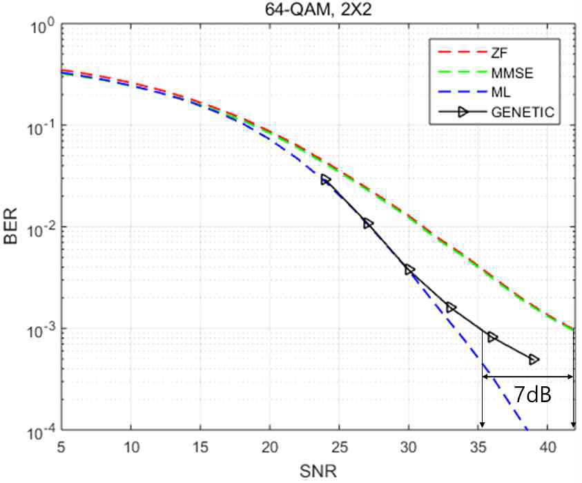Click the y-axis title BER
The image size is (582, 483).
pos(12,228)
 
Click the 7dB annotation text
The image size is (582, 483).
pos(530,396)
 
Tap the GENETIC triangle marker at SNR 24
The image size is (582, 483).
pos(326,180)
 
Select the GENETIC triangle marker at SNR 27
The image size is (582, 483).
pos(367,224)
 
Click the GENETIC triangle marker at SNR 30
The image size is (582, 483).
pos(409,269)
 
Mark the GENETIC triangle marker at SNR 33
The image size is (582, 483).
pos(451,307)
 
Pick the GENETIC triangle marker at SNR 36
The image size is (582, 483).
pos(492,337)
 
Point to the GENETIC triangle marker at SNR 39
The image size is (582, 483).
pos(534,359)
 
